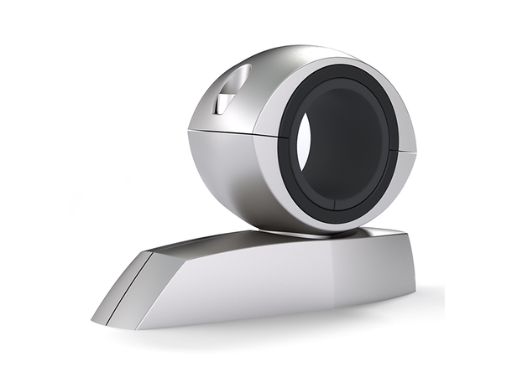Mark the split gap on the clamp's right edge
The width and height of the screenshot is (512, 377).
(x=411, y=152)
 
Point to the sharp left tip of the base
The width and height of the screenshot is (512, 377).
(x=94, y=321)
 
